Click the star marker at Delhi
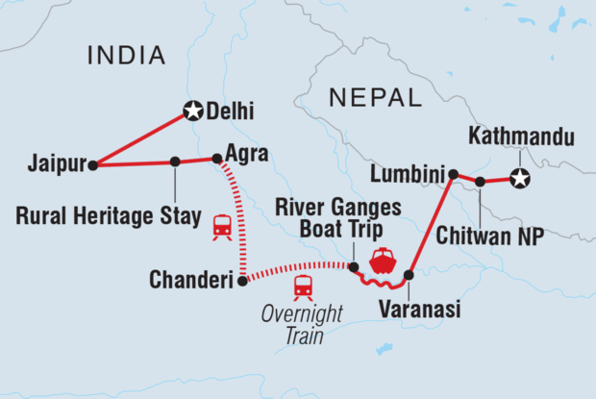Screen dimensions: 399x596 tap(192, 112)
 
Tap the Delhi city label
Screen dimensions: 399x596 tap(231, 112)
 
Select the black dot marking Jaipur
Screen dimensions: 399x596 tap(92, 165)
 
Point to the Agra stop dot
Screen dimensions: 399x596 tap(216, 159)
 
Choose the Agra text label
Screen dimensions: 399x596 tap(245, 153)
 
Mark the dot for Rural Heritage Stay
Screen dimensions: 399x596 tap(174, 162)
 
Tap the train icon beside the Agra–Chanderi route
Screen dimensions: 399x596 tap(221, 227)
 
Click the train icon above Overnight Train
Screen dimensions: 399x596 tap(303, 286)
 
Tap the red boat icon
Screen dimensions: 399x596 tap(383, 261)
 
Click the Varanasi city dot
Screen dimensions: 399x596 tap(409, 275)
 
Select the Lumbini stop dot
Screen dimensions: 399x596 tap(452, 174)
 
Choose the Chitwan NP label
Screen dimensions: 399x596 tap(497, 232)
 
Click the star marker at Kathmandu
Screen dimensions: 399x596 tap(520, 178)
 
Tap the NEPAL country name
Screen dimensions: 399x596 tap(375, 97)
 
